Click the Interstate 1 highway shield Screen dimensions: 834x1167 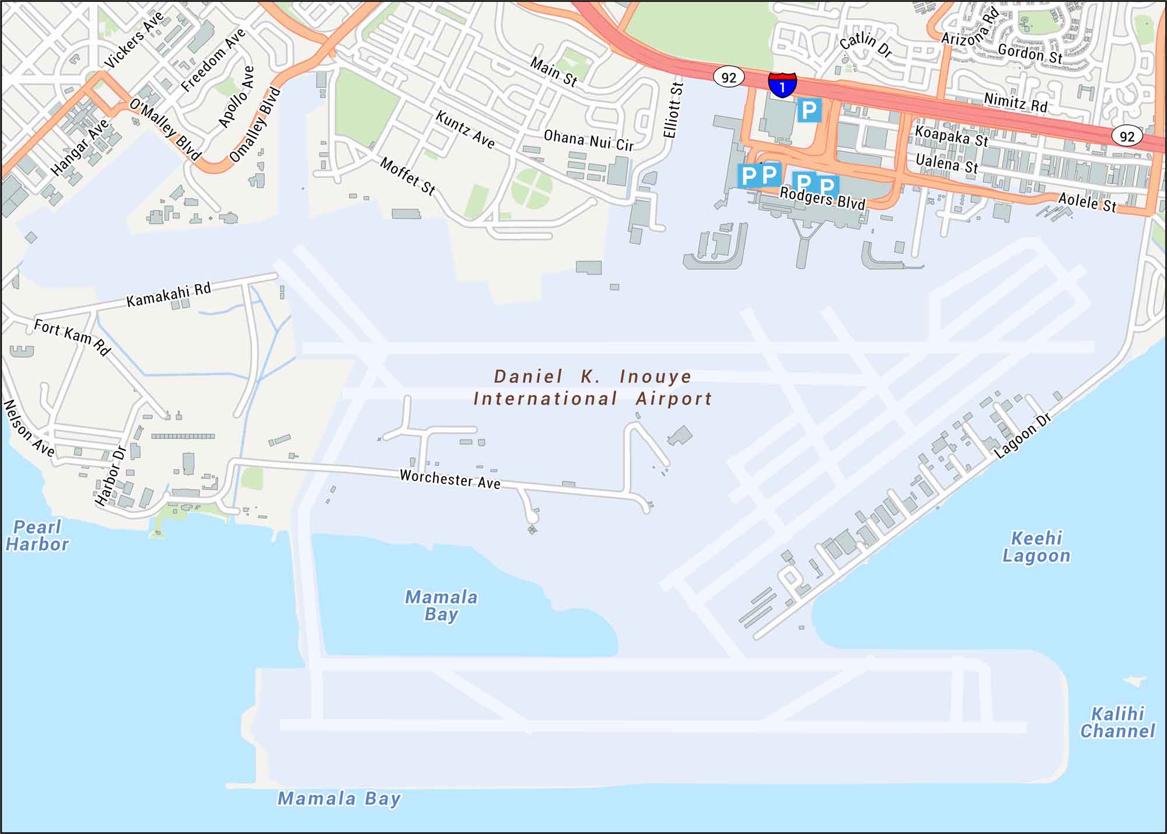click(782, 85)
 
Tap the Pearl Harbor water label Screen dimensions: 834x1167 click(37, 536)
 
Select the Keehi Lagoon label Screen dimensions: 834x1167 click(1036, 547)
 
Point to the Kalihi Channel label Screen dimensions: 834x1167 click(1117, 722)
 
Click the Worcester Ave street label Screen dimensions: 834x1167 click(450, 479)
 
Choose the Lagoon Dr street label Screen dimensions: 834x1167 click(1022, 435)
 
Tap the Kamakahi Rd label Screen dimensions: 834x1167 click(169, 294)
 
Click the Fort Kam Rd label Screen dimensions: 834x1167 click(72, 337)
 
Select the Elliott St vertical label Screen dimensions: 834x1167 click(673, 109)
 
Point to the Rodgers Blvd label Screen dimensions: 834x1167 click(822, 198)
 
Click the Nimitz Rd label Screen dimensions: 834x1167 click(1015, 103)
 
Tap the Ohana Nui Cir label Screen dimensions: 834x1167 click(588, 141)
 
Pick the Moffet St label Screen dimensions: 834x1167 click(408, 176)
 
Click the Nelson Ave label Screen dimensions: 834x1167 click(29, 428)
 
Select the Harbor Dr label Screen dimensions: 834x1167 click(111, 476)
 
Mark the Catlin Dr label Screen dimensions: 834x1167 click(866, 44)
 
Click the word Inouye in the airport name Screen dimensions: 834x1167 click(655, 376)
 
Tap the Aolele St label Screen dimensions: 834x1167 click(1087, 203)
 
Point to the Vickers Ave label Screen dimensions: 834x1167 click(134, 40)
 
